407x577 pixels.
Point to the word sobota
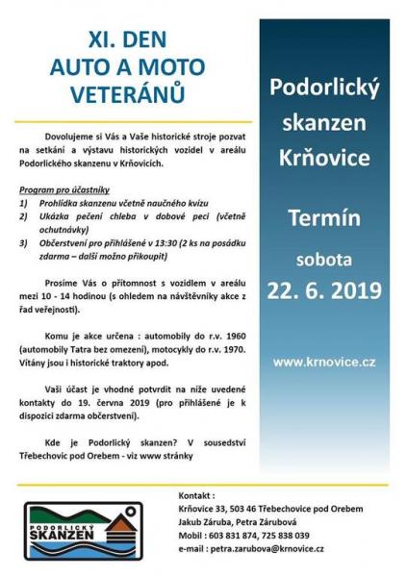[323, 259]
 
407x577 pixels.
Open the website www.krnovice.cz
[323, 362]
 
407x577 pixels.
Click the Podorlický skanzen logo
[83, 529]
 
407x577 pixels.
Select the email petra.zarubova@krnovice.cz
[270, 548]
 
